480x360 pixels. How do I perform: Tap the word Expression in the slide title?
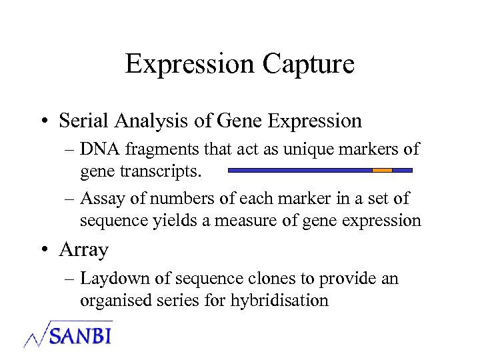click(189, 64)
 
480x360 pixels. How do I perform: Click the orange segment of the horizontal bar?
click(382, 170)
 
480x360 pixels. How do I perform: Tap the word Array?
click(83, 250)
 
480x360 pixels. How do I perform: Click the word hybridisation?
click(279, 300)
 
